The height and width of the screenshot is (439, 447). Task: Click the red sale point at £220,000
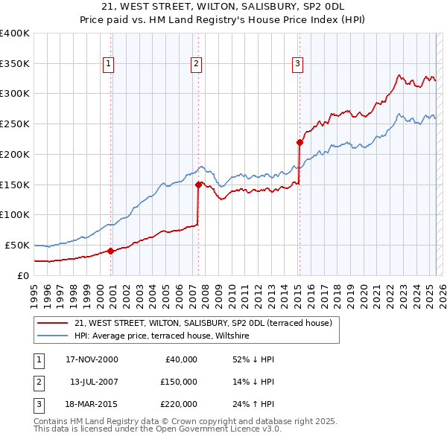[x=299, y=141]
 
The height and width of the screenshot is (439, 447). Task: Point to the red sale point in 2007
[x=198, y=184]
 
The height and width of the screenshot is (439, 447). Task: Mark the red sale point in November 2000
[x=111, y=251]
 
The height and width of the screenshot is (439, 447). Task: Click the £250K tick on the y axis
[x=15, y=124]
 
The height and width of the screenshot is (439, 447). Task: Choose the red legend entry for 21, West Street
[x=208, y=323]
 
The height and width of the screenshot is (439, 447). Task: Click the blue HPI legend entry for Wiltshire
[x=162, y=336]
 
